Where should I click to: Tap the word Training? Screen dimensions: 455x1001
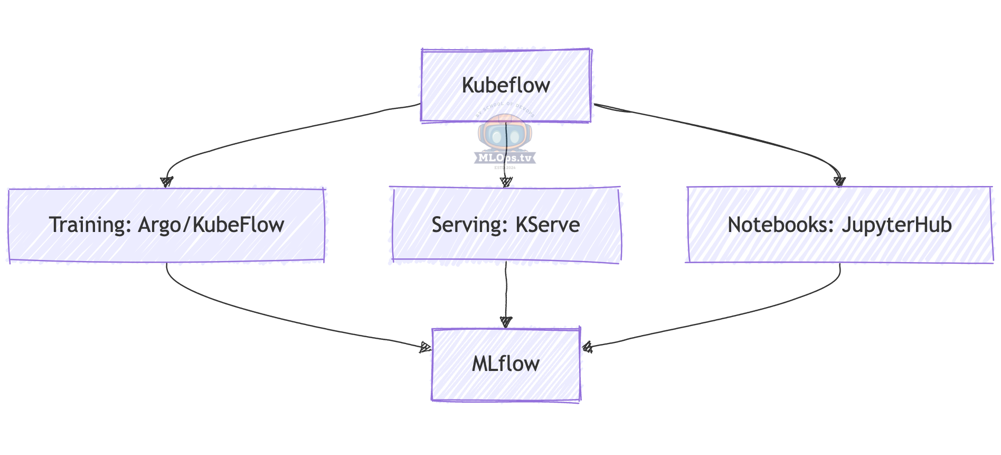click(90, 225)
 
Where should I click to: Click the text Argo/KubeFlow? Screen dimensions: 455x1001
click(211, 225)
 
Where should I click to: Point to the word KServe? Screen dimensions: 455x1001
click(547, 225)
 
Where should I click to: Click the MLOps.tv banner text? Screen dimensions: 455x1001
click(505, 157)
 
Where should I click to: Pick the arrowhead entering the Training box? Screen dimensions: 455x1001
click(167, 182)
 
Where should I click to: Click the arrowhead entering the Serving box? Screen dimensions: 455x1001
click(506, 182)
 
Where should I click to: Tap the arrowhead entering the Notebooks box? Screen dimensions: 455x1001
click(839, 182)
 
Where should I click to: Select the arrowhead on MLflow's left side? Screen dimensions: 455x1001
click(426, 347)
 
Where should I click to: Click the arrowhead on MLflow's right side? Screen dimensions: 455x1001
click(587, 347)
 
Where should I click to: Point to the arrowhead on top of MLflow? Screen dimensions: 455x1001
click(506, 321)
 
